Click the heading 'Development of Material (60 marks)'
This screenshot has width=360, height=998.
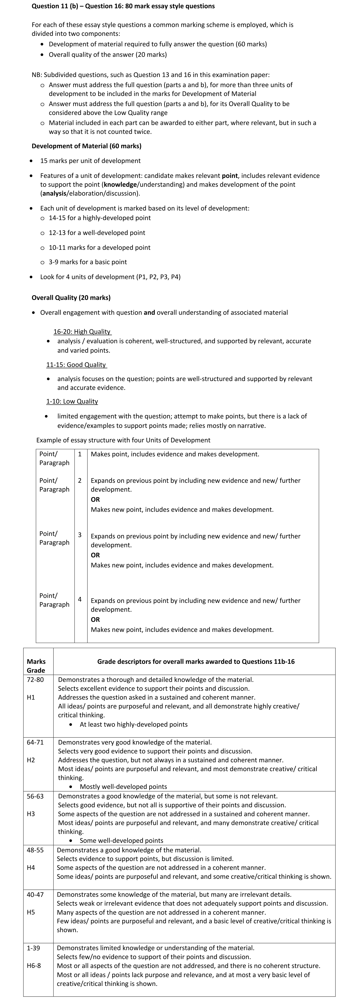coord(86,146)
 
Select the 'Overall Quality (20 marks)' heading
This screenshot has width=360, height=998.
coord(71,298)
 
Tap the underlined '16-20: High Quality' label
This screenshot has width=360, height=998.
coord(82,332)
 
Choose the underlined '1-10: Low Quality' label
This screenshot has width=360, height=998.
coord(72,401)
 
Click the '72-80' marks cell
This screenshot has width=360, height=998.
coord(35,680)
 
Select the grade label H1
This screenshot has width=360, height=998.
coord(31,697)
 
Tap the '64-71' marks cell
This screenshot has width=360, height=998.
coord(35,742)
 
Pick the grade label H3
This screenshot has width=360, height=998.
coord(31,814)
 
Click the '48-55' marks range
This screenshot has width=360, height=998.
coord(35,850)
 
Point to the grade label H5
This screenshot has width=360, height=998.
coord(31,912)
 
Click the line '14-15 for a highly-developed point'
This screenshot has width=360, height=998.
coord(100,218)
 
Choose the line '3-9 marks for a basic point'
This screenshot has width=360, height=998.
coord(88,262)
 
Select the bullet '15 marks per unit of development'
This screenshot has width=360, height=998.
coord(90,161)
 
